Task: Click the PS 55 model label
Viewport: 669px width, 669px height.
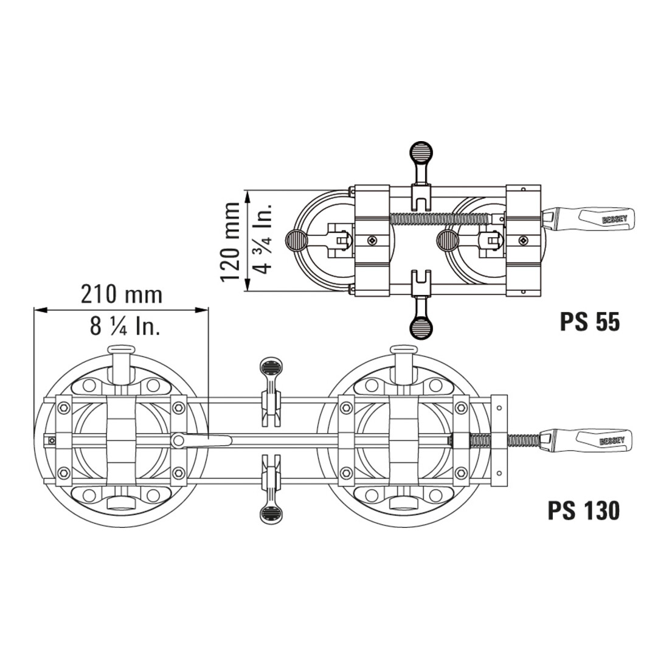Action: [x=589, y=322]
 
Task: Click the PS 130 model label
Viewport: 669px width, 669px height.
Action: [x=583, y=510]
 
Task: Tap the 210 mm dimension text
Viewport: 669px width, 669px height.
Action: [x=122, y=294]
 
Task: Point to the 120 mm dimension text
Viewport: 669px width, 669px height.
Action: [x=231, y=241]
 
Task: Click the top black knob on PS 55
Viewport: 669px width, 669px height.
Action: [x=421, y=151]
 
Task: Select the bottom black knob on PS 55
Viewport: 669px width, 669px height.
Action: [x=421, y=328]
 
